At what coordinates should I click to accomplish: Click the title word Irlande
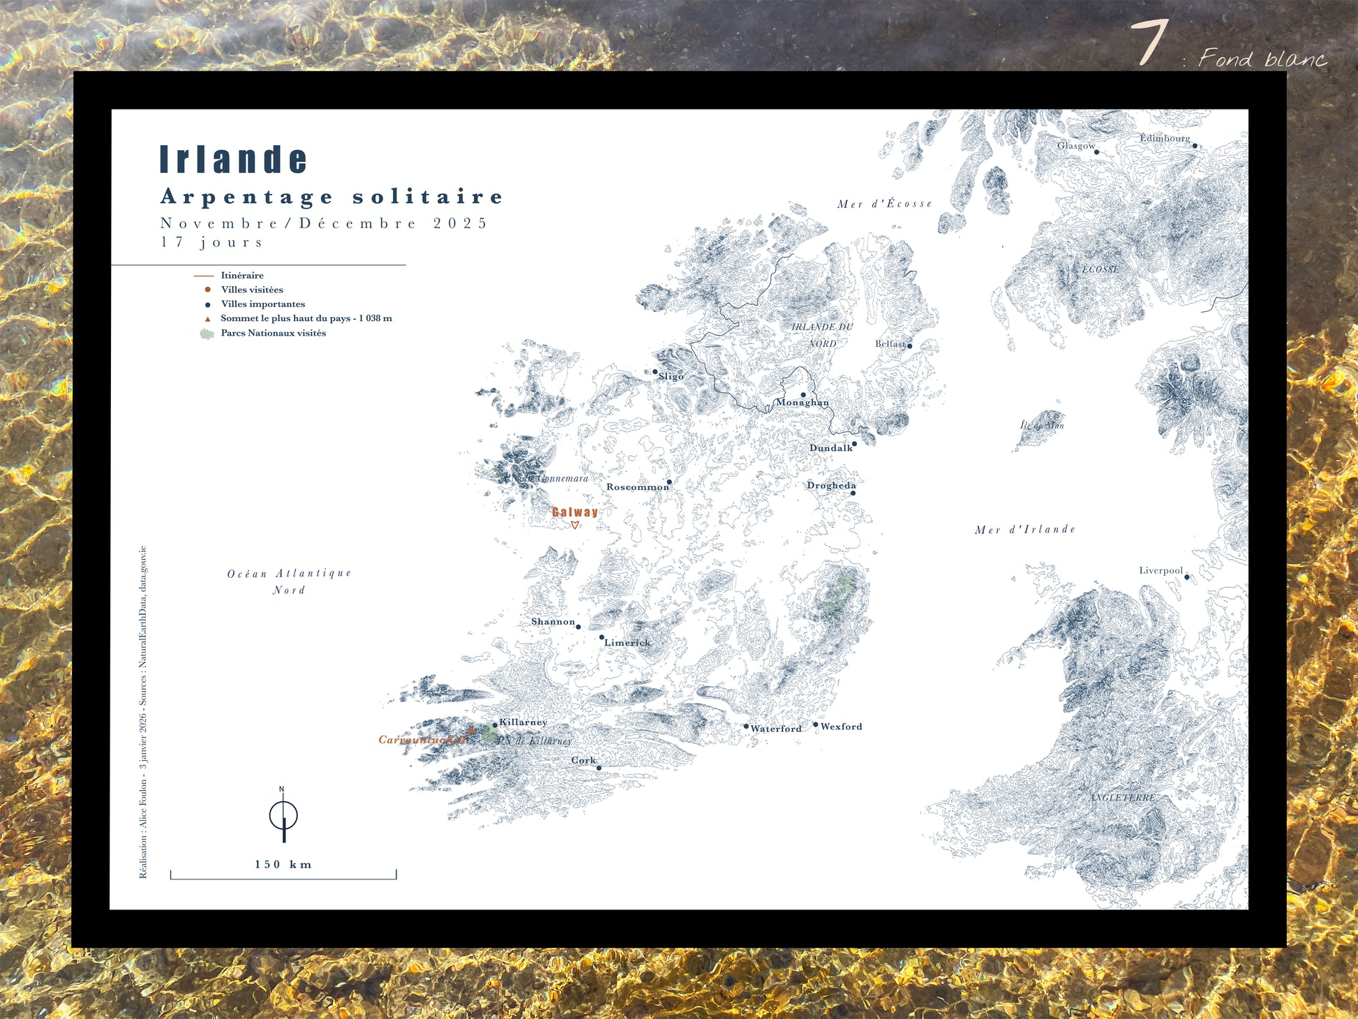[233, 159]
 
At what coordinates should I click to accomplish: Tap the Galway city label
[574, 512]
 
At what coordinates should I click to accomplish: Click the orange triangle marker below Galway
[574, 526]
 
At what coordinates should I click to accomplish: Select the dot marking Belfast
[909, 345]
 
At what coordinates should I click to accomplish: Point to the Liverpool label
[1161, 570]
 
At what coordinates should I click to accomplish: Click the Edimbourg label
[1165, 138]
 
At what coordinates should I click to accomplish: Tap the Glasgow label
[1075, 146]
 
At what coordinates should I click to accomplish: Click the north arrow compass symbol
[283, 815]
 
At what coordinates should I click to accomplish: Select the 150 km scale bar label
[283, 864]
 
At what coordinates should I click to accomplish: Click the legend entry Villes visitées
[251, 290]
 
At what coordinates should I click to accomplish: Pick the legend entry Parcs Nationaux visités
[273, 333]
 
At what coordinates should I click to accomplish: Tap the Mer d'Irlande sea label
[1024, 530]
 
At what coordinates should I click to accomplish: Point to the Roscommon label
[636, 487]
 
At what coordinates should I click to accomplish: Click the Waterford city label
[775, 729]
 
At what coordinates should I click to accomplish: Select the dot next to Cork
[599, 768]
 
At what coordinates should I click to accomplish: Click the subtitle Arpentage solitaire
[331, 197]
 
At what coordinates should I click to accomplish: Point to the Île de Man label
[1042, 425]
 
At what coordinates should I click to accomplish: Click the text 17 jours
[212, 242]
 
